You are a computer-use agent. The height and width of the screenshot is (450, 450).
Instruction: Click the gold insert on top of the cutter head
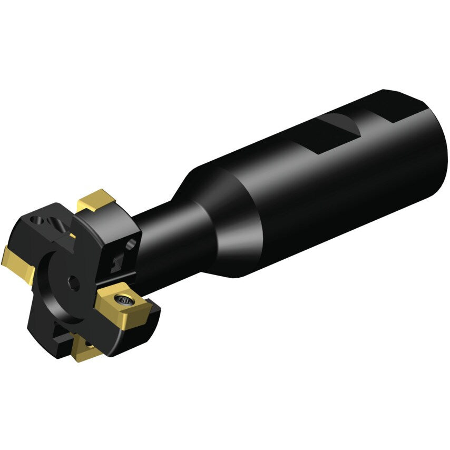tap(96, 200)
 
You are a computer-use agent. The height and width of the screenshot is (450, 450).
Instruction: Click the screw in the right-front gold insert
tap(124, 300)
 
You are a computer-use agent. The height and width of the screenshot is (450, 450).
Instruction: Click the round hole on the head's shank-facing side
tap(131, 243)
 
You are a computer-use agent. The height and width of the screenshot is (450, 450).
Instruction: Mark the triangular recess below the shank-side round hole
tap(117, 262)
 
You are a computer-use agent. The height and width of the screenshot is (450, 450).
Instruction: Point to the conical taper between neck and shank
tap(211, 211)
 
